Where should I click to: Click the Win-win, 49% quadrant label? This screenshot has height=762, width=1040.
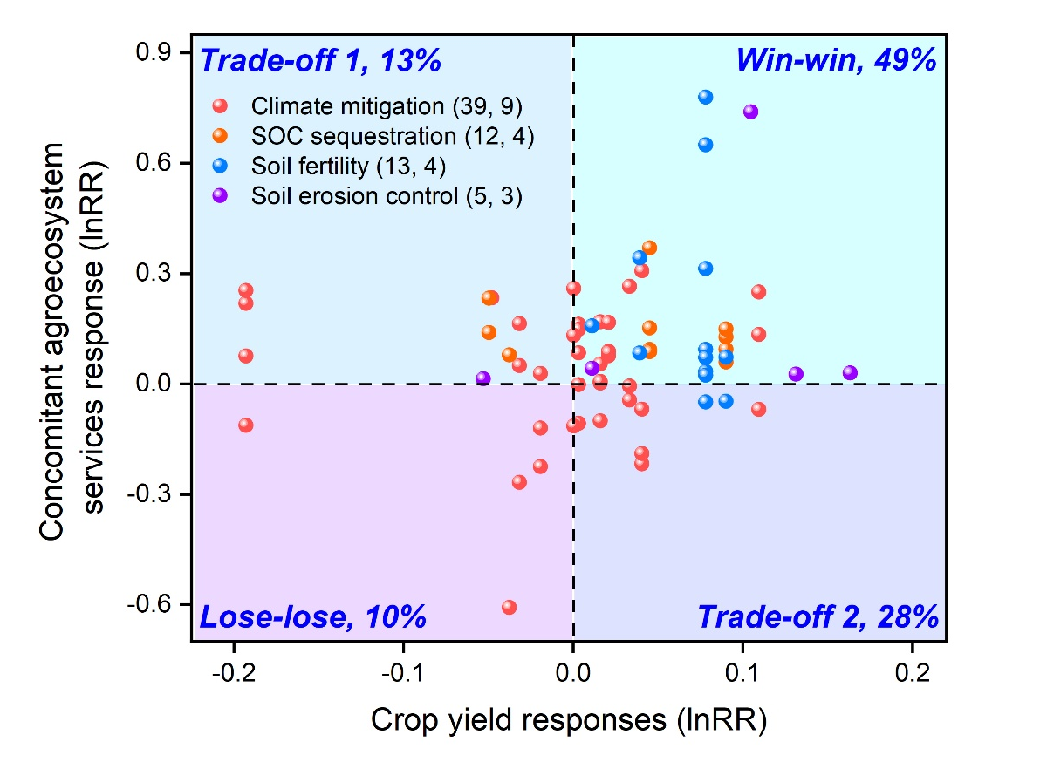836,60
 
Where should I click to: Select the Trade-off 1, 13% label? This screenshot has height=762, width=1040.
321,62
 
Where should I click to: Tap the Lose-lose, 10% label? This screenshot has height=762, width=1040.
313,617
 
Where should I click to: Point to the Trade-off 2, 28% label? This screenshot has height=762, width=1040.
818,617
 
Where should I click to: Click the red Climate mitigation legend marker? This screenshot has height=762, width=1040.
220,106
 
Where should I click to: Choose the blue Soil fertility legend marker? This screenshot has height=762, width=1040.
220,166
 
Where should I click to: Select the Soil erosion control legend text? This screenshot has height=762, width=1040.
387,196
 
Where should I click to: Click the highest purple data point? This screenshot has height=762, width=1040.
750,112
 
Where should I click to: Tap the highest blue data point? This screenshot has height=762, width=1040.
705,97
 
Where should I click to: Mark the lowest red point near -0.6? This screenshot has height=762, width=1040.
510,607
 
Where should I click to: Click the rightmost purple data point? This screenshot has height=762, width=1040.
850,373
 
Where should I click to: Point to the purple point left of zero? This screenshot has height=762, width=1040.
483,378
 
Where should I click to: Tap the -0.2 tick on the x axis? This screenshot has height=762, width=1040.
233,674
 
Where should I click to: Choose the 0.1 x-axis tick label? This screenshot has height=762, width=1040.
742,674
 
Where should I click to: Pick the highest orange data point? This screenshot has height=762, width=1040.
649,248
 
